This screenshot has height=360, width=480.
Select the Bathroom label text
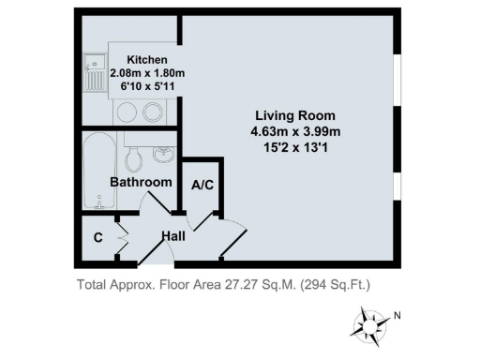(x=142, y=182)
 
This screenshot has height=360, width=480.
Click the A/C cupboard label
(x=203, y=185)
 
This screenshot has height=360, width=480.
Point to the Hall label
(x=172, y=235)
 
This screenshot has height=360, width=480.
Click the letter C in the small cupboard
(x=97, y=237)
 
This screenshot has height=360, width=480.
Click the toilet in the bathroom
(x=134, y=156)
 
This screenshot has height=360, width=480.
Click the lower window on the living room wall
(x=397, y=186)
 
